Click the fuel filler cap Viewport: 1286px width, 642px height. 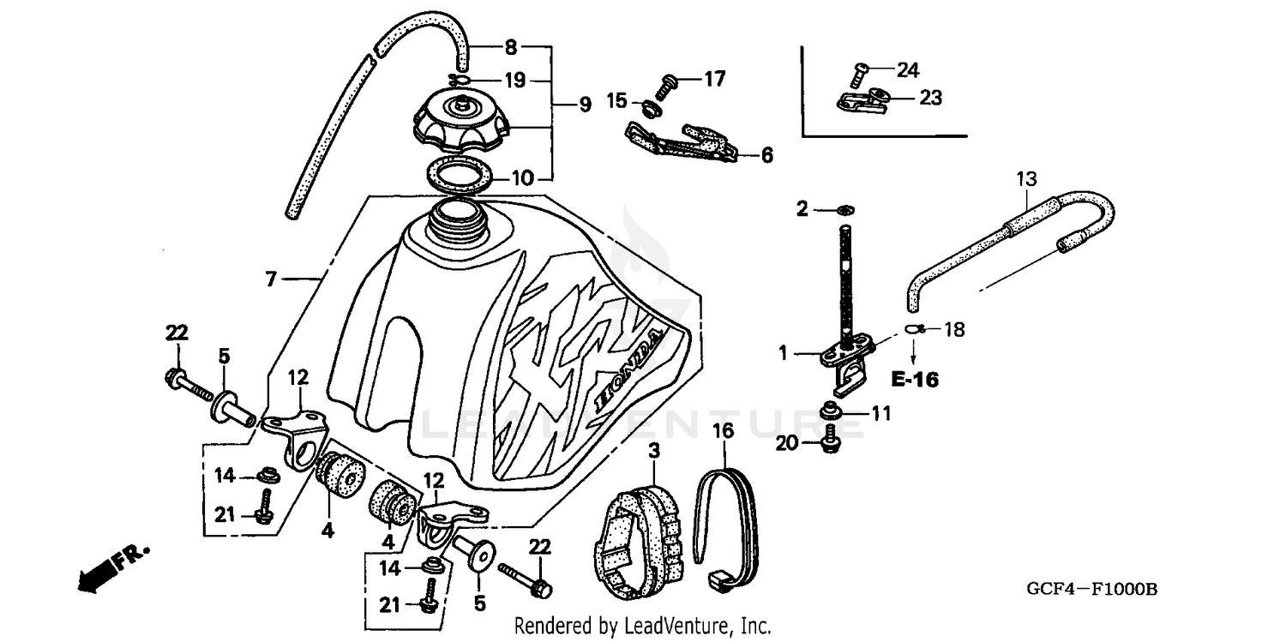click(461, 125)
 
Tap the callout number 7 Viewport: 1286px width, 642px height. click(272, 278)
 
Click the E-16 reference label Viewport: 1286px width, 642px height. click(915, 379)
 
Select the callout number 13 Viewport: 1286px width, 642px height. click(1026, 179)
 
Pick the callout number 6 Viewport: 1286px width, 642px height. click(766, 155)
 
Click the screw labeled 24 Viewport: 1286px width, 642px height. click(861, 71)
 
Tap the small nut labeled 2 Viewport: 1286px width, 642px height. click(844, 209)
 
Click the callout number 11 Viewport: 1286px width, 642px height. click(880, 414)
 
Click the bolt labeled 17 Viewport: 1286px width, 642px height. click(667, 86)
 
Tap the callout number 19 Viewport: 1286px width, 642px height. click(514, 81)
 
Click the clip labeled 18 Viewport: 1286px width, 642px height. click(914, 329)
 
